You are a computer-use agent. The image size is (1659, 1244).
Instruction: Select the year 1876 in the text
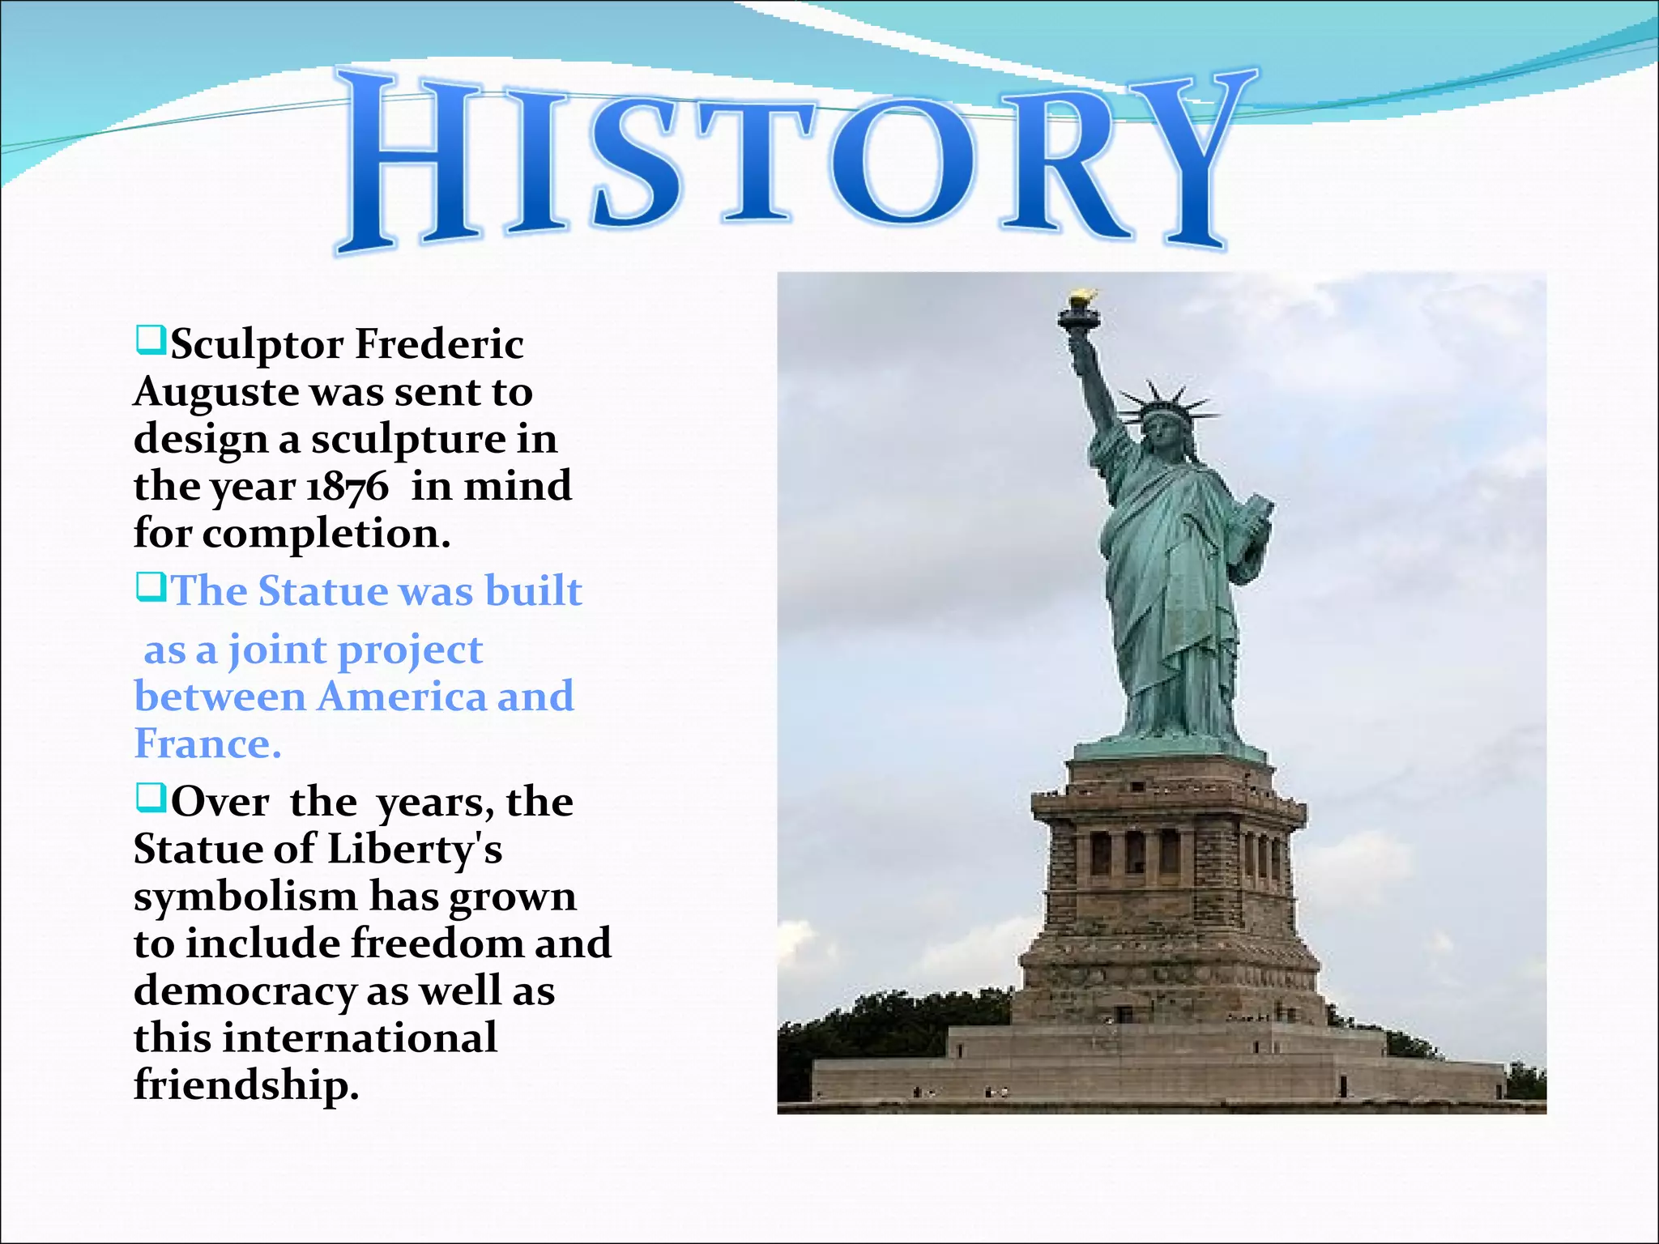[348, 488]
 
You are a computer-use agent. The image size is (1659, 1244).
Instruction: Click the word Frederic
[440, 344]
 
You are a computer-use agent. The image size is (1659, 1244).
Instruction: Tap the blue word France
[207, 743]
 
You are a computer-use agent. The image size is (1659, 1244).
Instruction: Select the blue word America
[401, 697]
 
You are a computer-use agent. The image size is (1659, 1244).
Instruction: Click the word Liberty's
[414, 850]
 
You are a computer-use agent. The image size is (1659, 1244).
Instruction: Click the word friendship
[245, 1085]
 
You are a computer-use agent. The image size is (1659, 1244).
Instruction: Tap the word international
[360, 1038]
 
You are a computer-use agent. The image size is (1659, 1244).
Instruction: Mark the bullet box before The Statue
[151, 587]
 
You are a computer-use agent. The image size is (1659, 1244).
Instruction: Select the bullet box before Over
[151, 798]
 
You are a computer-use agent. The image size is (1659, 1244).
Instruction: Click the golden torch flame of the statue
[1081, 299]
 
